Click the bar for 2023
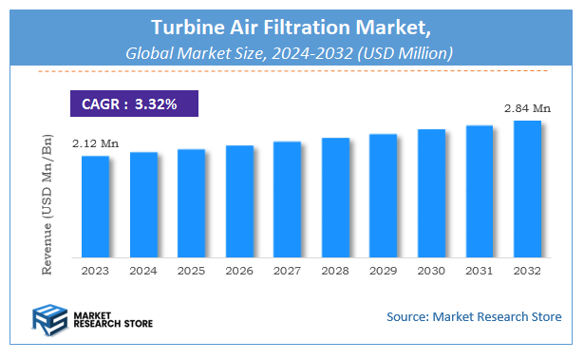point(95,206)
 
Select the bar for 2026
point(239,200)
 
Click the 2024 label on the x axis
point(143,272)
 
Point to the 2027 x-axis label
point(287,272)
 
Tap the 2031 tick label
point(480,272)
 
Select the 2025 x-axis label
point(191,272)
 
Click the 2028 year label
point(335,272)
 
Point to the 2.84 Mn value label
point(528,109)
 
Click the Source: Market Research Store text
point(474,316)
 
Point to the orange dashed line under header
point(291,71)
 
